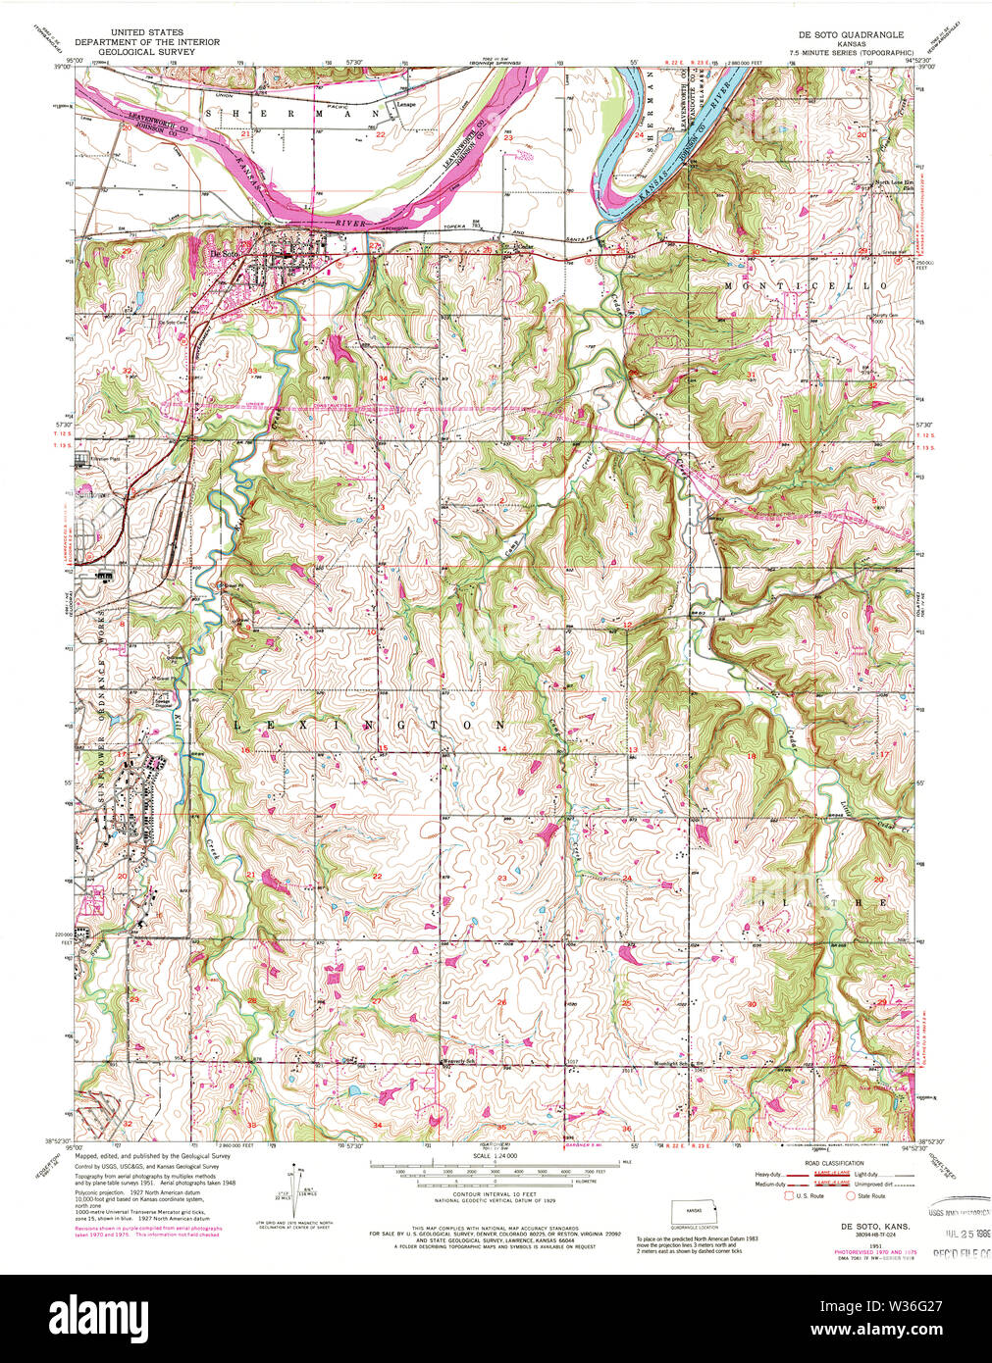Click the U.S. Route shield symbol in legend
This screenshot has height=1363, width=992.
point(787,1196)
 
